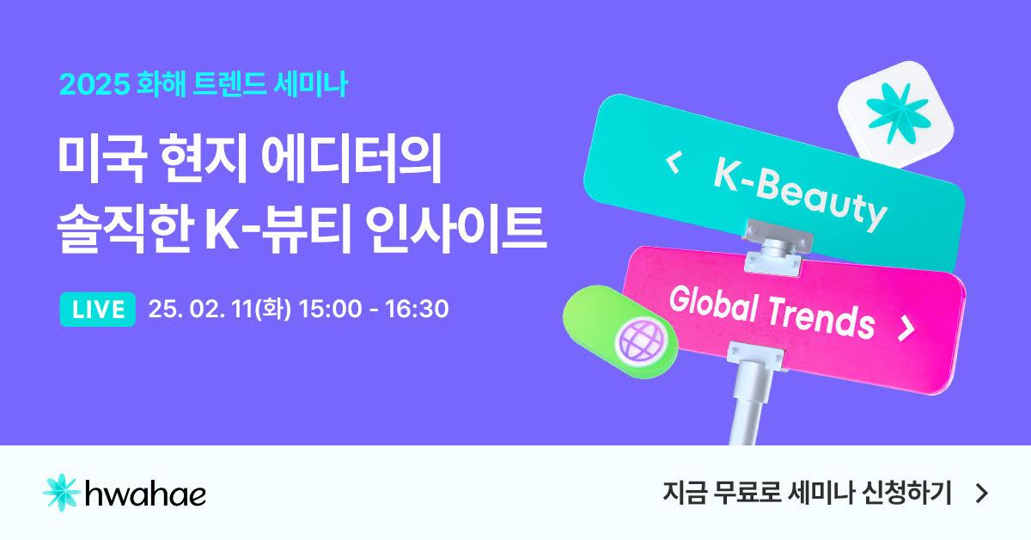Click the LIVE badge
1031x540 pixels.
point(98,310)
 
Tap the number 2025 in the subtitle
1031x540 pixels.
point(95,84)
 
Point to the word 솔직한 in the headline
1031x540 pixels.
point(125,229)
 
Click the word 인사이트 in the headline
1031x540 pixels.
point(455,229)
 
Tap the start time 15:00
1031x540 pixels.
point(331,309)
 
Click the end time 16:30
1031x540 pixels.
point(417,309)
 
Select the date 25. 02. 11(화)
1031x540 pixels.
point(220,309)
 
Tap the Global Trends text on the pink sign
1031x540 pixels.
point(772,312)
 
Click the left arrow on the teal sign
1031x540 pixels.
point(674,163)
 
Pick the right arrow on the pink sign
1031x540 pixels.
point(906,328)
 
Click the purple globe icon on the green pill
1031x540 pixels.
point(641,341)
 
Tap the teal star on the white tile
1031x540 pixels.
point(898,114)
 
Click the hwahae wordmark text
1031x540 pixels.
point(146,494)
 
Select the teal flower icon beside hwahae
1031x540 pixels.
point(61,493)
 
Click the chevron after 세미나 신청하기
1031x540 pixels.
point(982,494)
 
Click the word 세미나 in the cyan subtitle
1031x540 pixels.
point(311,84)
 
